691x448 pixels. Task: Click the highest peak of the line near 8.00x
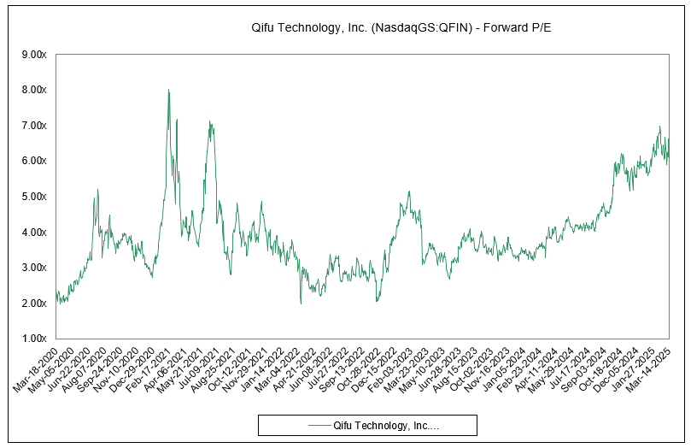tap(168, 90)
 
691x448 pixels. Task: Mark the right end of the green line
tap(669, 155)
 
